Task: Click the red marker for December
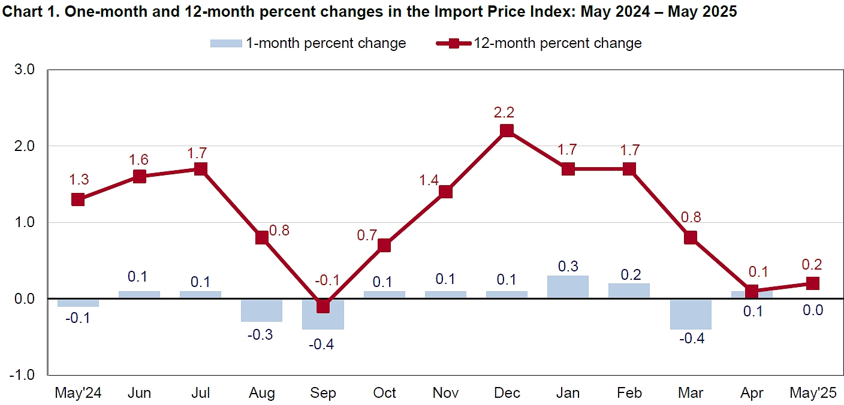click(x=507, y=131)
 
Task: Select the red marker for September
click(x=322, y=306)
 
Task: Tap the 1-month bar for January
click(x=568, y=287)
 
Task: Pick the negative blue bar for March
click(x=691, y=314)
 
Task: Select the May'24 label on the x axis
click(x=78, y=392)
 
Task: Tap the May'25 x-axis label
click(x=813, y=392)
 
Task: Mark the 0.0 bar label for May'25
click(x=813, y=310)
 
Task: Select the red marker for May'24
click(x=78, y=200)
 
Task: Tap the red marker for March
click(x=691, y=237)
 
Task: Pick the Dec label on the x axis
click(x=507, y=392)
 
